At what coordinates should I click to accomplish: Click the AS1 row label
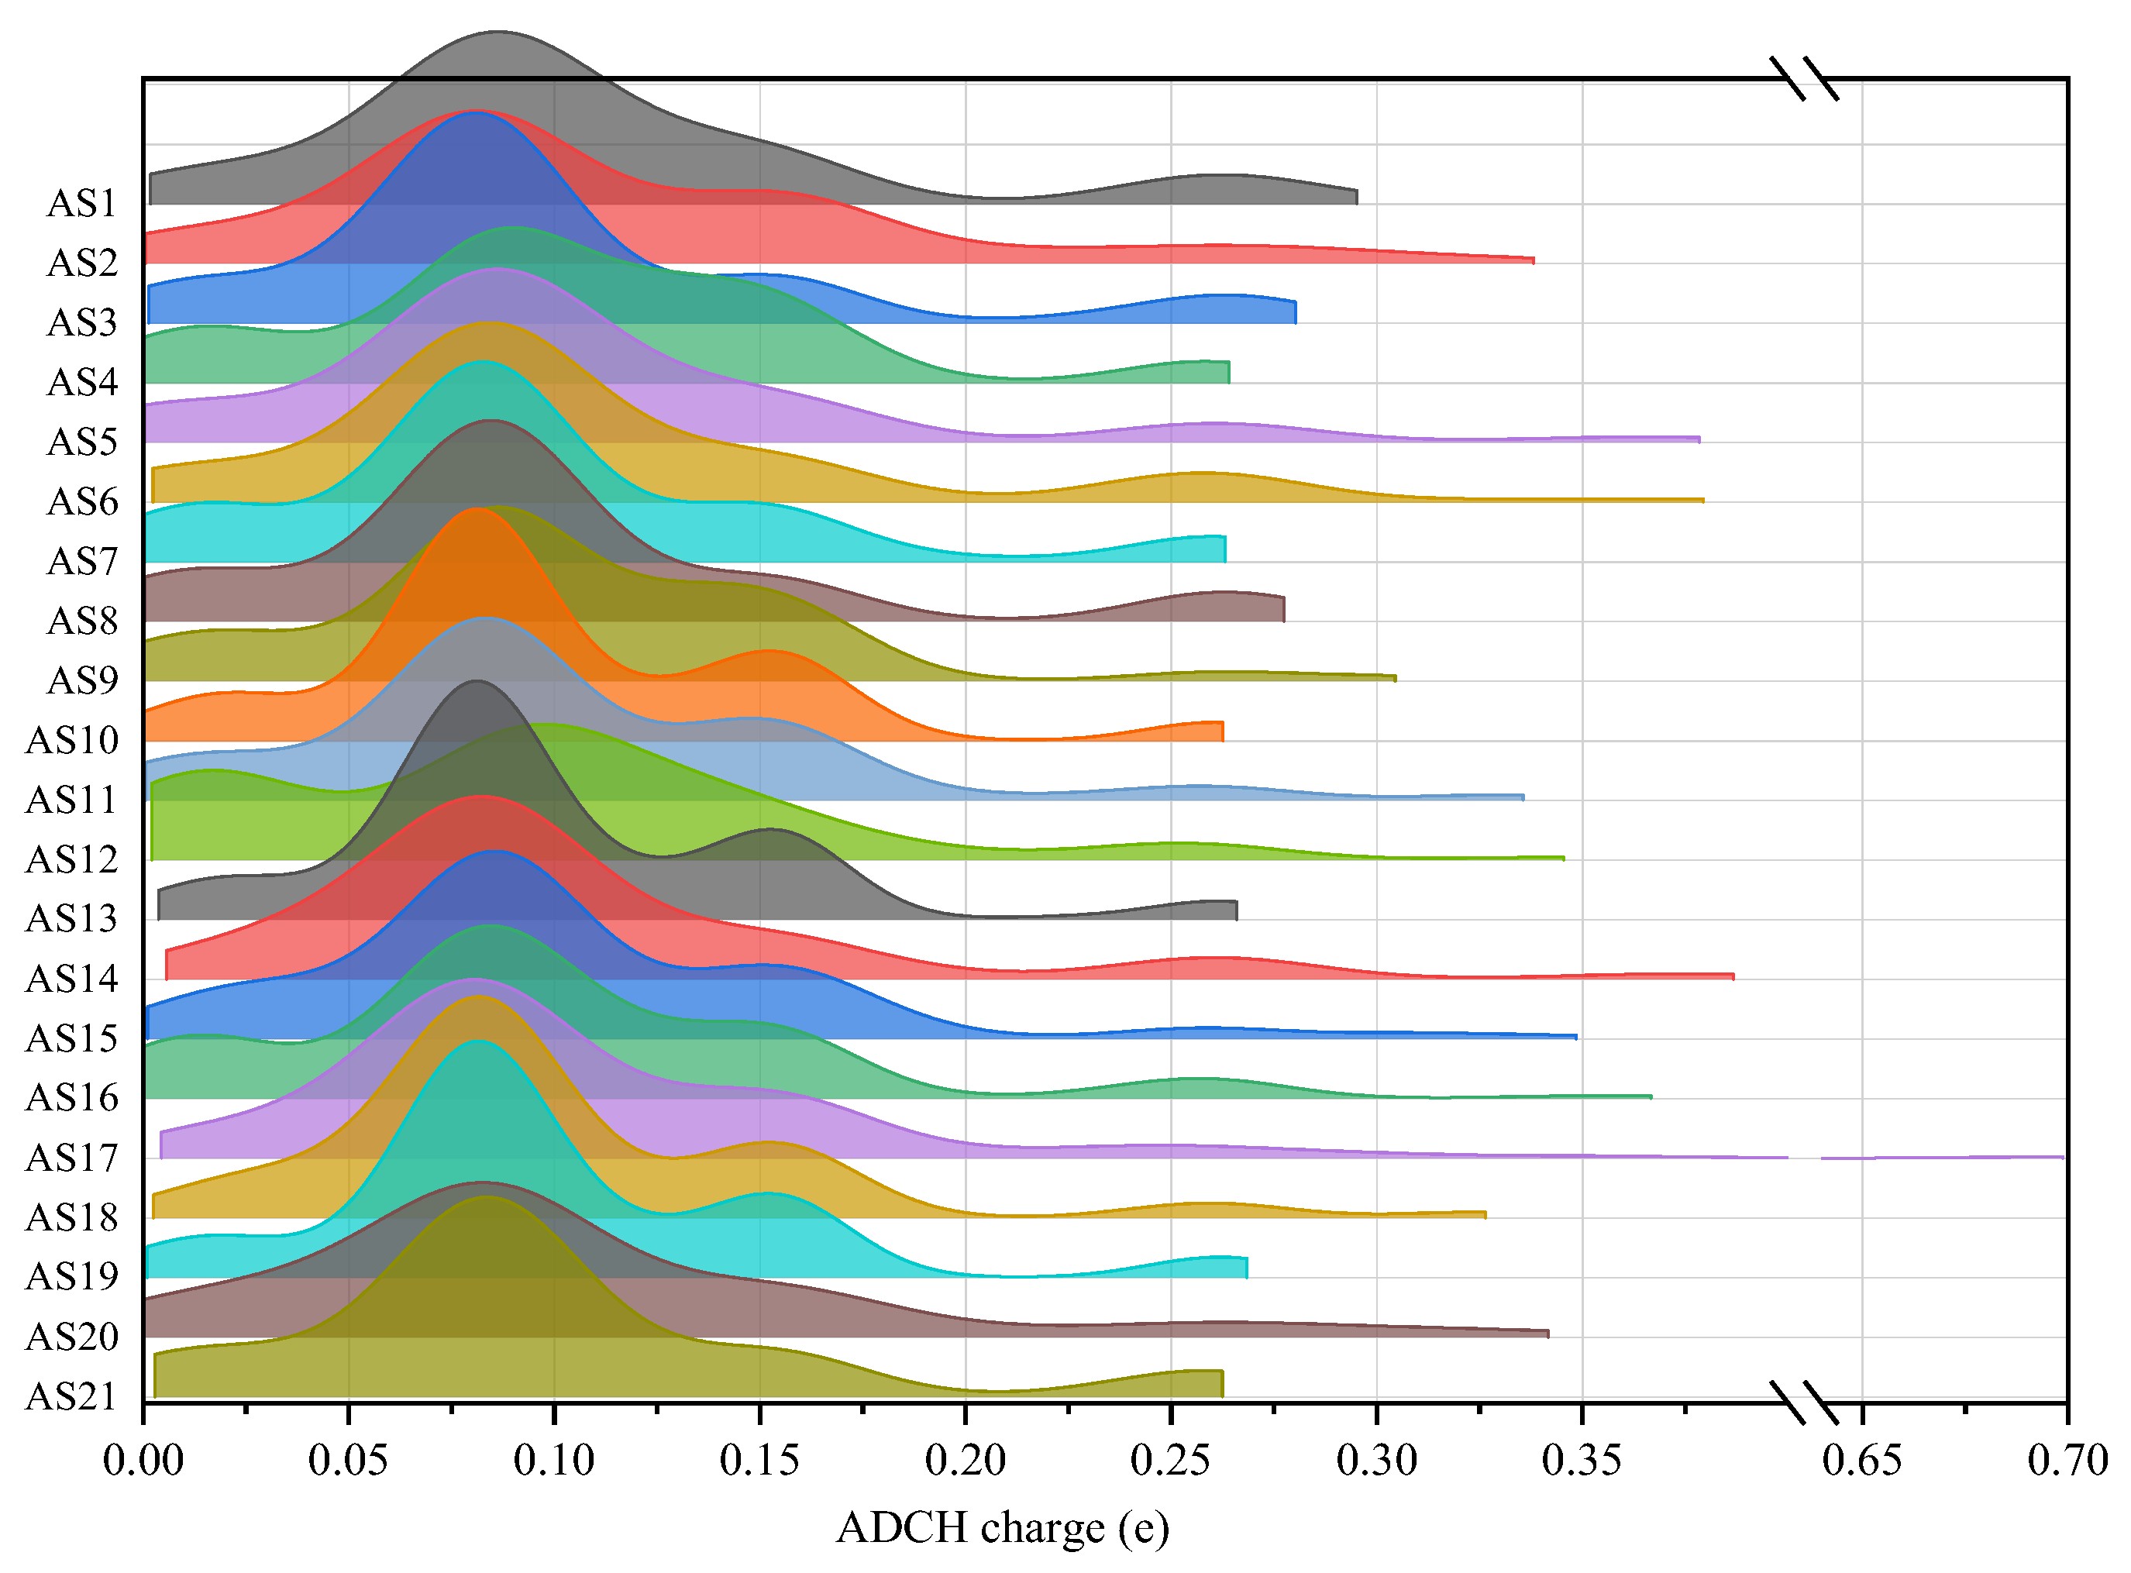coord(82,204)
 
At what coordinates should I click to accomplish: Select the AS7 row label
coord(82,562)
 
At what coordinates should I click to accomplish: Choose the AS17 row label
coord(71,1158)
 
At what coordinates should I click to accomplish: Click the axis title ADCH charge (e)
coord(1003,1528)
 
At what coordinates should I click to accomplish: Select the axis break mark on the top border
coord(1805,78)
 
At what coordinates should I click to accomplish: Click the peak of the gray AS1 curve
coord(497,33)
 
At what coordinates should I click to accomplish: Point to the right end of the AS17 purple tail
coord(2061,1157)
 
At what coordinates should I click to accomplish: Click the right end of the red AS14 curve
coord(1732,976)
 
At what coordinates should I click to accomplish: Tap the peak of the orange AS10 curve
coord(476,509)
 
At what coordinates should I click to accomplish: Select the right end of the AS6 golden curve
coord(1702,499)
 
